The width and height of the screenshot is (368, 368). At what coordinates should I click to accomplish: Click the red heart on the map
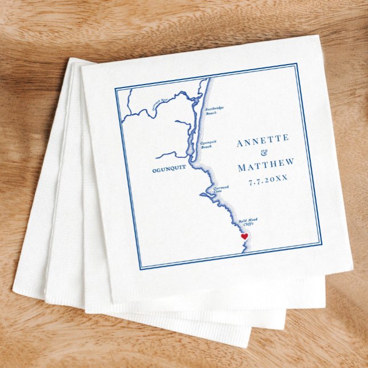(244, 236)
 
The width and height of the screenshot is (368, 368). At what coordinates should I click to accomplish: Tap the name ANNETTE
(263, 139)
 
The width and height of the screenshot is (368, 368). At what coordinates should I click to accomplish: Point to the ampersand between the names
(264, 153)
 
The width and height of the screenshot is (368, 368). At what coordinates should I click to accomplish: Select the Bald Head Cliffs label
(247, 223)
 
